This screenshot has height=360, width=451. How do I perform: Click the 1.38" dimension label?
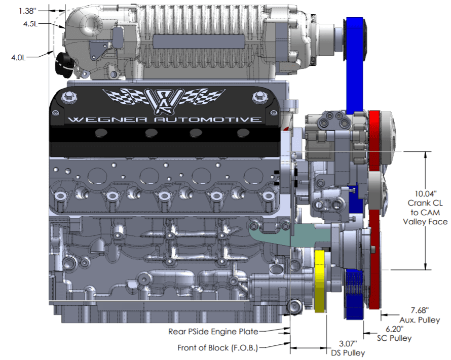pyautogui.click(x=27, y=11)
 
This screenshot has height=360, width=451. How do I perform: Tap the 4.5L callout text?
pyautogui.click(x=30, y=24)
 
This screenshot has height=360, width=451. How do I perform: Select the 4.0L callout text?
pyautogui.click(x=18, y=57)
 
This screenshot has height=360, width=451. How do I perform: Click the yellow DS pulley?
pyautogui.click(x=320, y=281)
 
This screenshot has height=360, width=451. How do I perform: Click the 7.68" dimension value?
pyautogui.click(x=420, y=310)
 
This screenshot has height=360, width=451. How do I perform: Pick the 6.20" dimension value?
pyautogui.click(x=395, y=329)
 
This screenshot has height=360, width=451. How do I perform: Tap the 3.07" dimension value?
pyautogui.click(x=348, y=344)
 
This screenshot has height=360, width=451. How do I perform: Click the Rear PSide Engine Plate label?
pyautogui.click(x=213, y=332)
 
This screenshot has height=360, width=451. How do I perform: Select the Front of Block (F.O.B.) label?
pyautogui.click(x=218, y=348)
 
